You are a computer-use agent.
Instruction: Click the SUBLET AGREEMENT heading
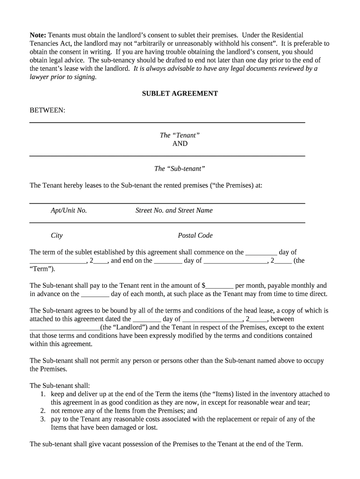click(x=180, y=94)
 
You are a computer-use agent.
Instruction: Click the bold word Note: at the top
click(x=38, y=36)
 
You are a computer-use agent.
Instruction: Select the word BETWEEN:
click(x=47, y=110)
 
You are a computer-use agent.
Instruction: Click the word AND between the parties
click(x=180, y=144)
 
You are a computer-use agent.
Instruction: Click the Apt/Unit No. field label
click(x=69, y=210)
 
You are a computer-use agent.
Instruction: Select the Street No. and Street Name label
click(x=174, y=210)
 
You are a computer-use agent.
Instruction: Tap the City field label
click(x=57, y=235)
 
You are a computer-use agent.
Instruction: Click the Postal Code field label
click(x=195, y=235)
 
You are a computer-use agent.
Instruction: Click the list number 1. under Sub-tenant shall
click(x=43, y=394)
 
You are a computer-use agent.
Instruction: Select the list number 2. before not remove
click(x=43, y=411)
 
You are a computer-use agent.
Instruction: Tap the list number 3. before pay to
click(x=43, y=419)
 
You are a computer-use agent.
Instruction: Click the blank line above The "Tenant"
click(x=167, y=122)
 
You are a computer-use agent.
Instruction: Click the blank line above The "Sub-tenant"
click(x=167, y=155)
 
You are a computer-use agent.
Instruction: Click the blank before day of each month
click(x=95, y=295)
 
